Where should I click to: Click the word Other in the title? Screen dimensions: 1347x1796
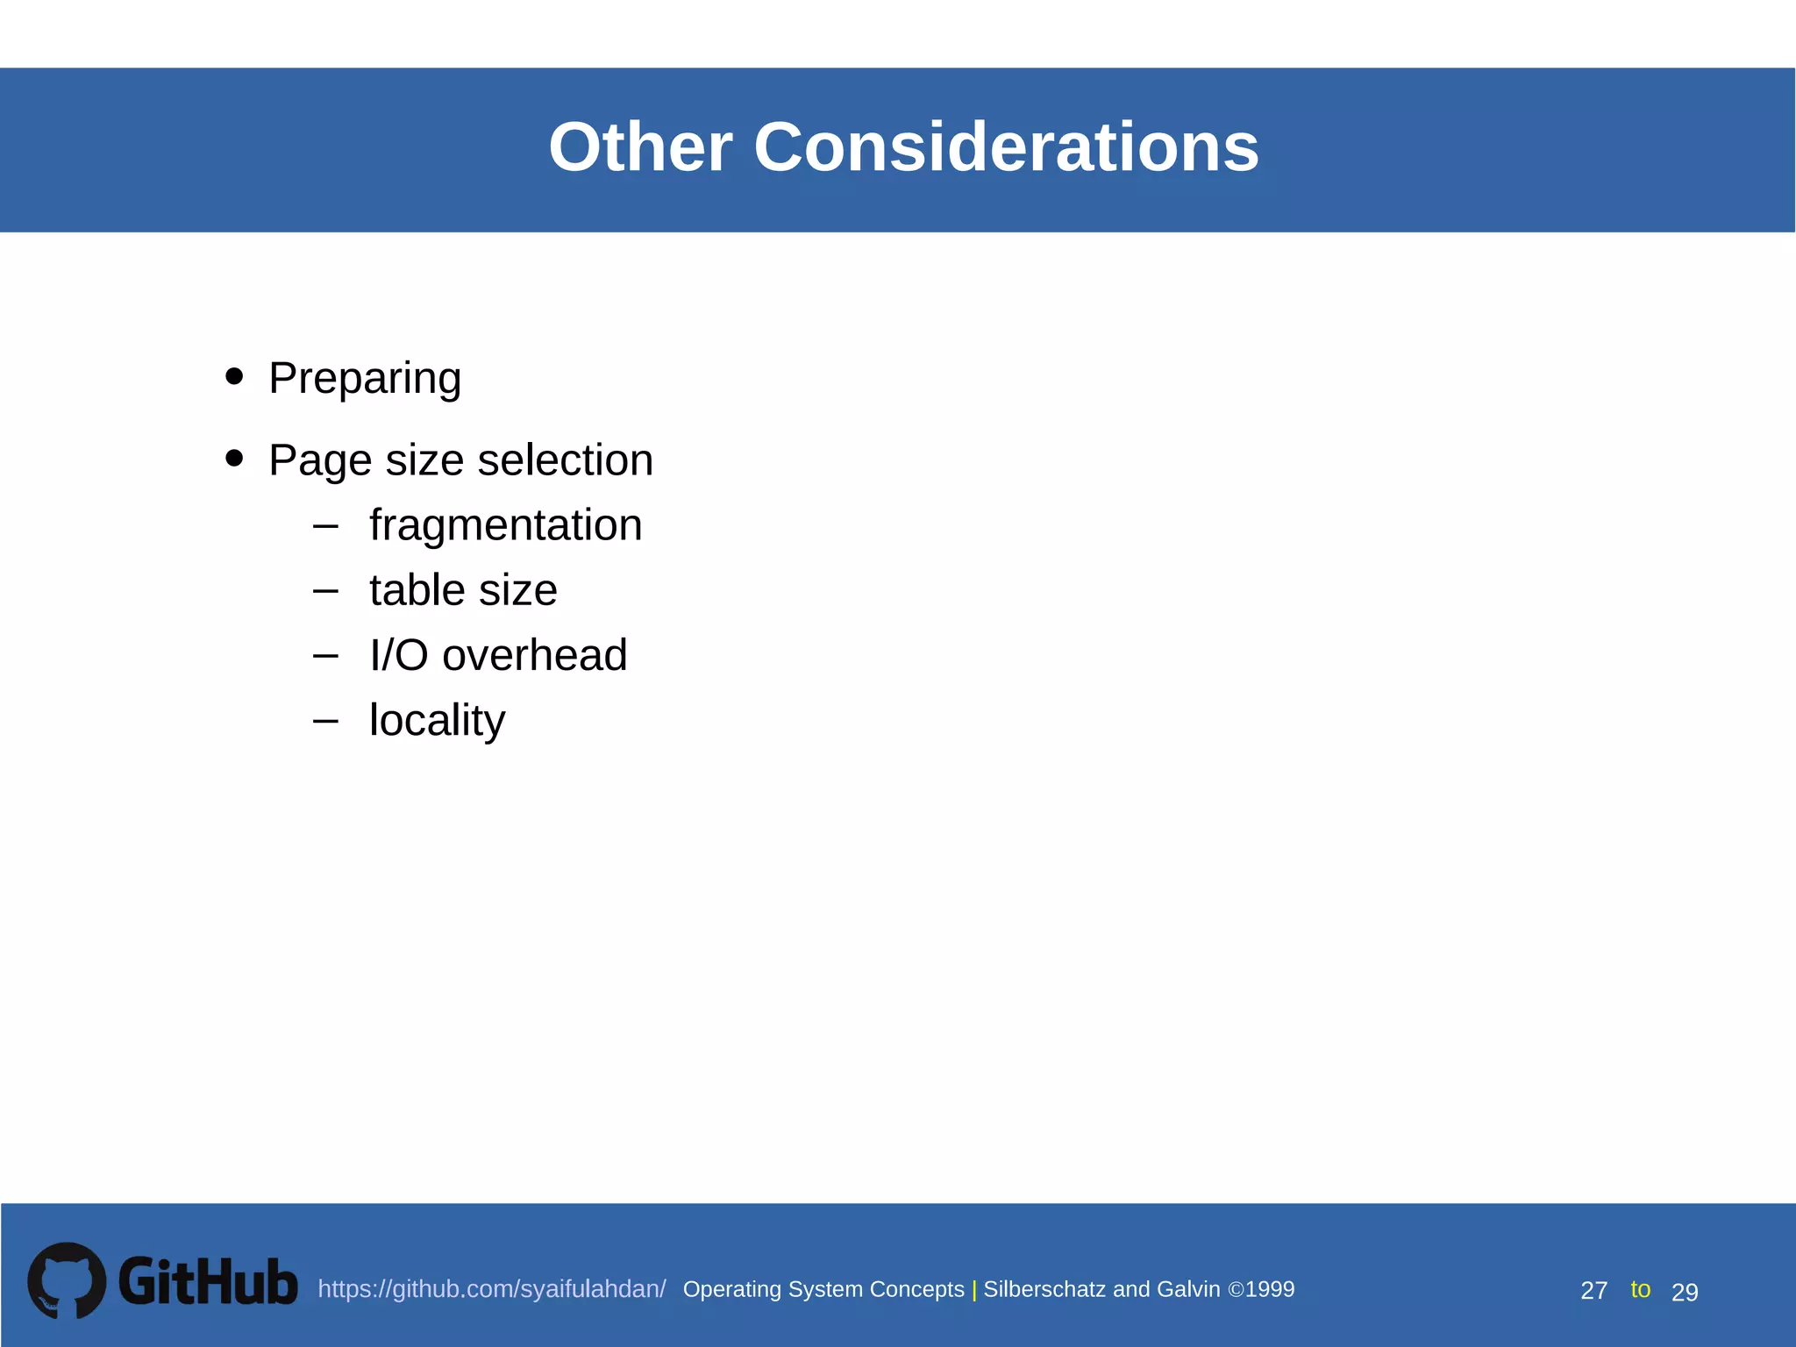point(640,147)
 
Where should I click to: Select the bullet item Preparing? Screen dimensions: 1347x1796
point(365,378)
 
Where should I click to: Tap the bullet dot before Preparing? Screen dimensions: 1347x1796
point(234,376)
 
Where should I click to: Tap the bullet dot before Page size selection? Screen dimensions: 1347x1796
point(234,458)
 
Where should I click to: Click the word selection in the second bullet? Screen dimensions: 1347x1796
point(565,460)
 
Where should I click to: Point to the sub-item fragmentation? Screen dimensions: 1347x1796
point(505,525)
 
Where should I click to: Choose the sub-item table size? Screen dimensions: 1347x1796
point(463,590)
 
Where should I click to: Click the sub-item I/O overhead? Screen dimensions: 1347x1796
point(498,655)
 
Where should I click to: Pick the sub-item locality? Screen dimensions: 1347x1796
point(437,720)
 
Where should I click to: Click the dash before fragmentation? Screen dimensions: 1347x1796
point(325,526)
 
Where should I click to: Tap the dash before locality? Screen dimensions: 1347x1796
point(325,721)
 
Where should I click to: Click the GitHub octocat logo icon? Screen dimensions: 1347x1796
point(67,1280)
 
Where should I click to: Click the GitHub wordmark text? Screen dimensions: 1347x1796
point(208,1282)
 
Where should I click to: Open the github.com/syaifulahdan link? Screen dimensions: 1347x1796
point(491,1289)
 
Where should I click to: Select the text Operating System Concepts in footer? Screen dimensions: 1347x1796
point(823,1289)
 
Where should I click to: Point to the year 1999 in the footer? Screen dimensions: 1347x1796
point(1270,1289)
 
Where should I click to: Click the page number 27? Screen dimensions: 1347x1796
point(1593,1291)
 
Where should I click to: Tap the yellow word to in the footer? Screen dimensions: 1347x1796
point(1640,1289)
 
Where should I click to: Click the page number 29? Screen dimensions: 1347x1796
point(1685,1292)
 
